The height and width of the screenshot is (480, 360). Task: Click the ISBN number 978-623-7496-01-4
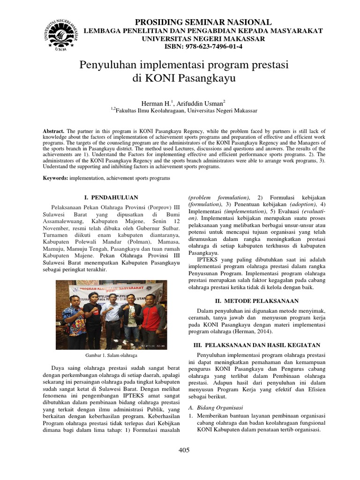coord(203,46)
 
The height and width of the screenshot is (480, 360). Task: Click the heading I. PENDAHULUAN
coord(111,198)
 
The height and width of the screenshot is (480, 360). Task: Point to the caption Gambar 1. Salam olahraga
coord(111,356)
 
